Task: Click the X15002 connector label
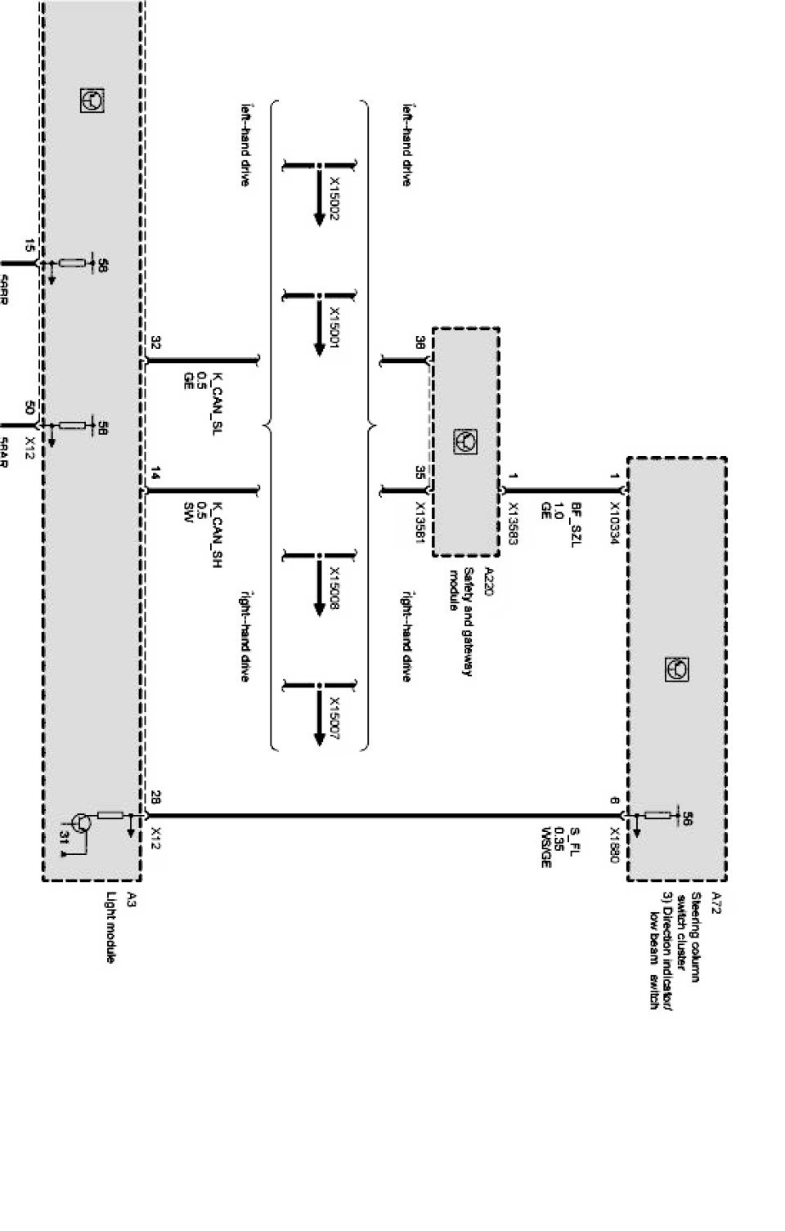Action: [335, 199]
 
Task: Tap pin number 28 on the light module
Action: [155, 797]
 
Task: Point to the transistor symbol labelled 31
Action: [81, 824]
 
